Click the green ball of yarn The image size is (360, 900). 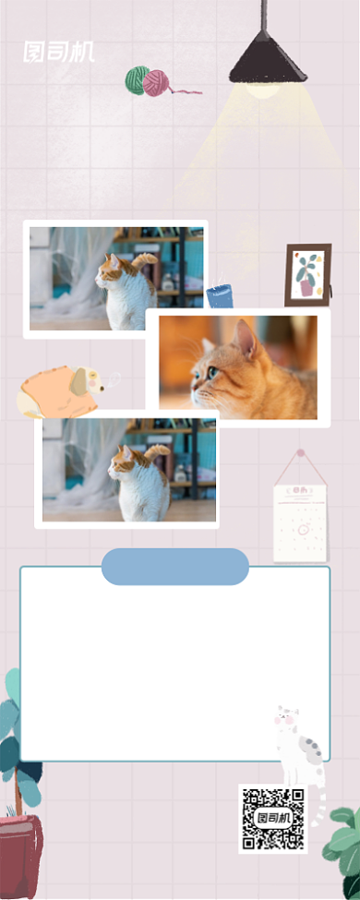tap(137, 80)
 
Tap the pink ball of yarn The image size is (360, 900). tap(156, 83)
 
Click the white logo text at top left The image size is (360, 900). tap(58, 53)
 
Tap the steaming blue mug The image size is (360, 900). tap(220, 295)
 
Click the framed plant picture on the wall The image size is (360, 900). tap(307, 275)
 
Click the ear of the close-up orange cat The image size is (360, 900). tap(246, 339)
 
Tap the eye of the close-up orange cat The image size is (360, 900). tap(213, 372)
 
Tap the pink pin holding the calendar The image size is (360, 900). tap(300, 453)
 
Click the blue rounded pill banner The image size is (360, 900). tap(175, 567)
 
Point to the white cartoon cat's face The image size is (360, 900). tap(287, 717)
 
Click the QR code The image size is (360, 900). tap(272, 819)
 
